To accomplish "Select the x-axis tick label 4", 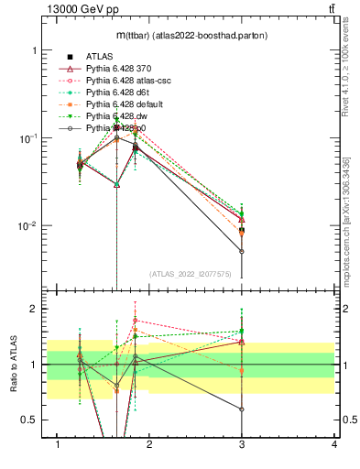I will coord(333,444).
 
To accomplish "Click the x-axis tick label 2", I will coord(150,444).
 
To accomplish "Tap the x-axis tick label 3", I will coord(242,444).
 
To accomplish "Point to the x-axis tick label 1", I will coord(58,444).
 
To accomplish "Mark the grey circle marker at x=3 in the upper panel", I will coord(242,251).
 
